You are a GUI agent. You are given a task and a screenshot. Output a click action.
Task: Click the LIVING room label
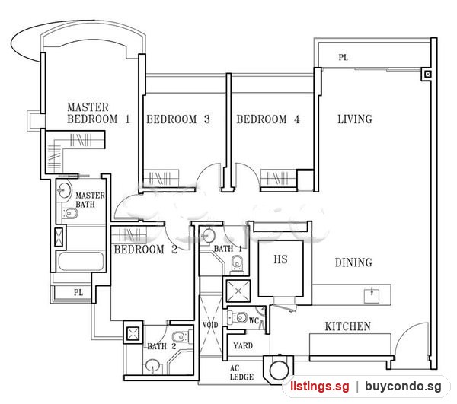[355, 119]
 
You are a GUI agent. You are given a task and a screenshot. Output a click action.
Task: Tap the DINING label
[353, 262]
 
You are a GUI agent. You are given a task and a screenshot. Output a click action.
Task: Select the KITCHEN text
[348, 326]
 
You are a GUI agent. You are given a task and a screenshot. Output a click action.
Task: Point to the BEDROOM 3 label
[178, 119]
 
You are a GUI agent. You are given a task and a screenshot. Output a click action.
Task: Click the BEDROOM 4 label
[268, 119]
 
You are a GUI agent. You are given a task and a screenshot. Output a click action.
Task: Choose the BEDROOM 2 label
[145, 250]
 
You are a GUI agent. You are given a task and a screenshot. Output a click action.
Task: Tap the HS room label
[280, 259]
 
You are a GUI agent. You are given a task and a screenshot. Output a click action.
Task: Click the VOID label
[210, 325]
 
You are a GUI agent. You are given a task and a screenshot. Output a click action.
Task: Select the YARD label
[243, 345]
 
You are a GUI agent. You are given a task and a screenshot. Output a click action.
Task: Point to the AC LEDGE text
[241, 373]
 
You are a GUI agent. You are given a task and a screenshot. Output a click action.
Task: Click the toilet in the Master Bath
[70, 214]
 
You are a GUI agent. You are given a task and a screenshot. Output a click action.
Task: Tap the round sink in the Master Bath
[64, 191]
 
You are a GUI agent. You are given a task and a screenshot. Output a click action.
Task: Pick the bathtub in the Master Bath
[81, 262]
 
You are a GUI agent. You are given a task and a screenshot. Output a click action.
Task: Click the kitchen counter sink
[372, 295]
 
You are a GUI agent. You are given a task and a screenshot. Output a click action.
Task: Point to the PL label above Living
[344, 57]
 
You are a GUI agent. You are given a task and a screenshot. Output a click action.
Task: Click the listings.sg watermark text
[319, 387]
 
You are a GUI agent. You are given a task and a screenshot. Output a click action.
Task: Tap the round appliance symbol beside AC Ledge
[280, 370]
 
